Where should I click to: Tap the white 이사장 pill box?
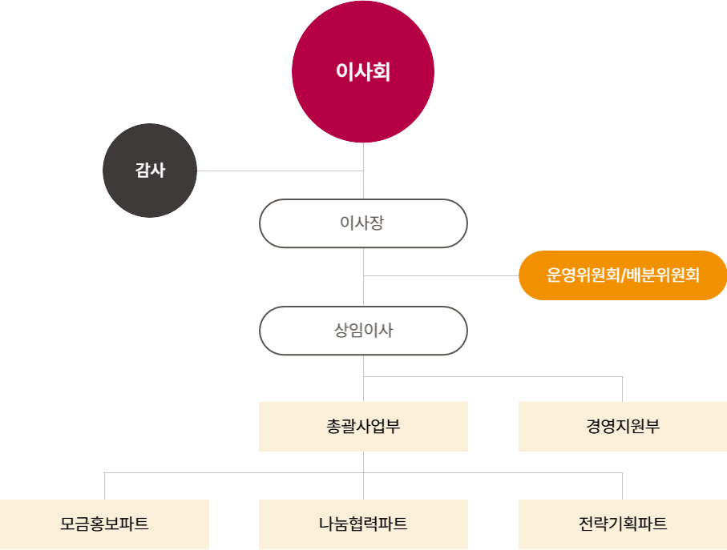tap(363, 223)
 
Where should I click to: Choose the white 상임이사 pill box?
tap(363, 330)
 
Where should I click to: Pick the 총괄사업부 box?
tap(363, 427)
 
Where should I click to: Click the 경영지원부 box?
tap(623, 427)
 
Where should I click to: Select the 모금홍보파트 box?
tap(104, 524)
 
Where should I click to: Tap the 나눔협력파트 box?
tap(363, 524)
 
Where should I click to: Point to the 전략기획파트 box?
tap(623, 524)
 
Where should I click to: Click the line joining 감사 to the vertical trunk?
tap(280, 171)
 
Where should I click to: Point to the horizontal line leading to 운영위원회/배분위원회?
tap(441, 276)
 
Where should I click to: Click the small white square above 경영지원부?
tap(625, 377)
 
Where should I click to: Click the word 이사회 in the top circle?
tap(363, 73)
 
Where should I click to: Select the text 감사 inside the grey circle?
tap(150, 170)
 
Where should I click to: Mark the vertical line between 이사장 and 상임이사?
tap(364, 277)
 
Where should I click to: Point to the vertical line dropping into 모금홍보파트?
tap(105, 486)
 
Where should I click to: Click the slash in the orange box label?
tap(623, 276)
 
